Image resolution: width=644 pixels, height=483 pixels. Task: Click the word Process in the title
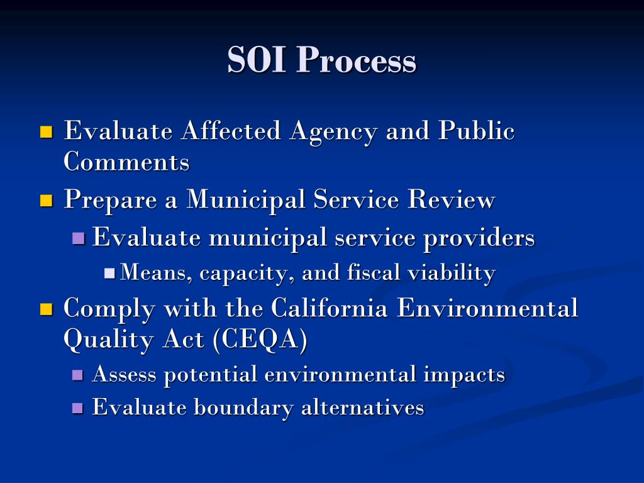click(x=356, y=61)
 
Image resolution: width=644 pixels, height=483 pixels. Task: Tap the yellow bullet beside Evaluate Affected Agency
click(x=46, y=132)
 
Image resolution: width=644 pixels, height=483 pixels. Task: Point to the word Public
click(x=476, y=131)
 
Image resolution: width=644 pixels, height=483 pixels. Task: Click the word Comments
click(x=126, y=162)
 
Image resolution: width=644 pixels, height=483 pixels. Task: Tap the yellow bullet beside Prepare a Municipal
click(x=46, y=201)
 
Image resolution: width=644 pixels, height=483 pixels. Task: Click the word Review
click(x=451, y=201)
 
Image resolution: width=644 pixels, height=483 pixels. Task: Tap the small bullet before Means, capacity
click(x=109, y=274)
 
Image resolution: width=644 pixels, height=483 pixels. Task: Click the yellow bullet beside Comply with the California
click(x=46, y=309)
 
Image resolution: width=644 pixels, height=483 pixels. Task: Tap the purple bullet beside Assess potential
click(x=79, y=375)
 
